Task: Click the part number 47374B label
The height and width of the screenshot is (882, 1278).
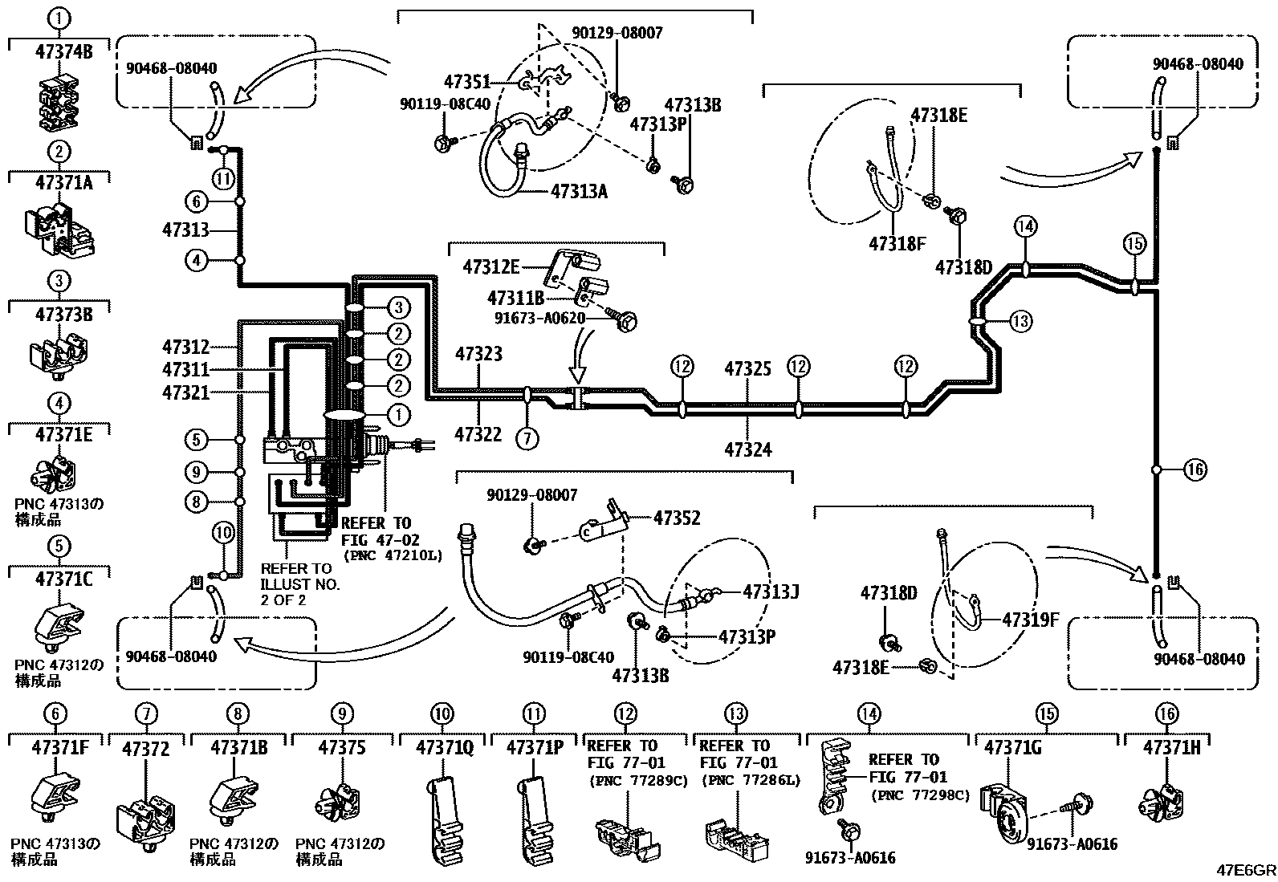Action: point(63,52)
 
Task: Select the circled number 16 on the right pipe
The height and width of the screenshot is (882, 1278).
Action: point(1195,469)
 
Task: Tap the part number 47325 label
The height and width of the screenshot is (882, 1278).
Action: point(747,369)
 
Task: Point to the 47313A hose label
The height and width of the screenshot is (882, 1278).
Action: point(579,192)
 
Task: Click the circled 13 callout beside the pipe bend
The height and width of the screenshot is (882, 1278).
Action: point(1020,322)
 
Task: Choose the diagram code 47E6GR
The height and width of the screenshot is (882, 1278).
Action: point(1247,869)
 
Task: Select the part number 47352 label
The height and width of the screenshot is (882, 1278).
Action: point(676,518)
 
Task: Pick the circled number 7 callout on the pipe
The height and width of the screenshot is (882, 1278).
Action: point(527,437)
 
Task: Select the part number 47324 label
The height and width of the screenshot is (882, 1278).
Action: point(747,449)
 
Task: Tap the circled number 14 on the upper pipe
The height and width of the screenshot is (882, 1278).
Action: point(1025,227)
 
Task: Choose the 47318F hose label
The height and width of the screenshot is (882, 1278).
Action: point(897,243)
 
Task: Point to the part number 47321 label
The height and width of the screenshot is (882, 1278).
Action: point(185,392)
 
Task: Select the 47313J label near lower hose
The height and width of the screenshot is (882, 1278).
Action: point(770,592)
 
